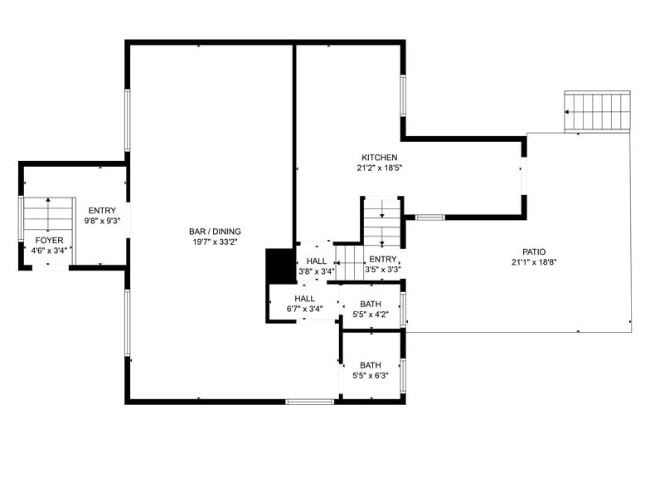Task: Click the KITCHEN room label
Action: [x=379, y=158]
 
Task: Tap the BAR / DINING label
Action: [x=215, y=231]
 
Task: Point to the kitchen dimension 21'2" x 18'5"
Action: [x=379, y=168]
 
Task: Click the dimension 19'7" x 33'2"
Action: [x=215, y=242]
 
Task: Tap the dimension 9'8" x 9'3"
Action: [x=102, y=222]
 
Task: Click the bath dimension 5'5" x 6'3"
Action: [x=370, y=376]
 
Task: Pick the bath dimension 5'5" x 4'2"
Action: [x=370, y=315]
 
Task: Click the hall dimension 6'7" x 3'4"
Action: [x=304, y=310]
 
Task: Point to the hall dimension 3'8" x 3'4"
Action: [x=316, y=271]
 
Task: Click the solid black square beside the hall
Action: [x=275, y=266]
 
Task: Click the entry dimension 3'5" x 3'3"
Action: [x=383, y=270]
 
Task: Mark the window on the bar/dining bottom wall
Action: [x=309, y=402]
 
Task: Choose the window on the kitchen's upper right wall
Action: [x=403, y=95]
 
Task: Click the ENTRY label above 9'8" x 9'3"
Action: [x=102, y=211]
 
